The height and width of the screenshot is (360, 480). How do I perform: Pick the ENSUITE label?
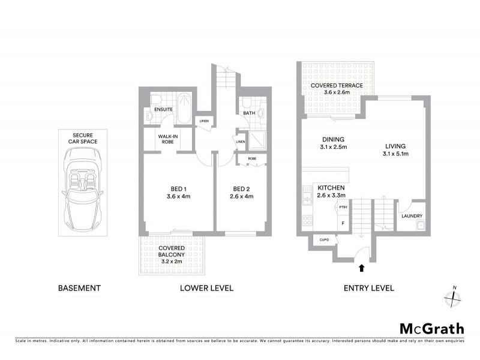pos(164,110)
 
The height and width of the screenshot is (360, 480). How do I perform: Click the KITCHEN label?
pos(331,191)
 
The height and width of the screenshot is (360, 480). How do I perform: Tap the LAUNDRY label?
pos(412,216)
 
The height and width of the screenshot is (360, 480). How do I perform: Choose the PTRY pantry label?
pos(343,208)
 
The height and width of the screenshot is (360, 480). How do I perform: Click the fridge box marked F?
pos(343,224)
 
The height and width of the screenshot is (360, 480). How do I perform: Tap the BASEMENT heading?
pos(79,288)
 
